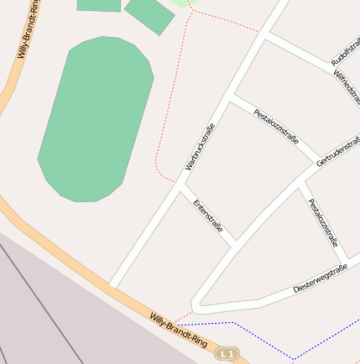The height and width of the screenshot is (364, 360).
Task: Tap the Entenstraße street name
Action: pyautogui.click(x=208, y=216)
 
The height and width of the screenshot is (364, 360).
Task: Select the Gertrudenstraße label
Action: pyautogui.click(x=338, y=150)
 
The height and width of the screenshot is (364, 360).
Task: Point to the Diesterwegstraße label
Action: pyautogui.click(x=320, y=278)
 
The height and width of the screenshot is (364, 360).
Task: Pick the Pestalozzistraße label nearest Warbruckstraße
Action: pyautogui.click(x=276, y=125)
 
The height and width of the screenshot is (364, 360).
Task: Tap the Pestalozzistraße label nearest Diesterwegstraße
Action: pyautogui.click(x=323, y=223)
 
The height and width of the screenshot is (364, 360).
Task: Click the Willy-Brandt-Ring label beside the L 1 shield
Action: pyautogui.click(x=178, y=330)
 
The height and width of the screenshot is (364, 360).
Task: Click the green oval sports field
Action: pyautogui.click(x=95, y=117)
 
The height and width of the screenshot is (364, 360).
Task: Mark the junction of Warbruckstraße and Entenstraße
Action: pyautogui.click(x=179, y=189)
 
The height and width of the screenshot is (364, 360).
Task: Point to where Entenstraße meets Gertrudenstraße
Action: pyautogui.click(x=235, y=244)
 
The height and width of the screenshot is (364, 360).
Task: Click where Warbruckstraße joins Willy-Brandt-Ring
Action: pyautogui.click(x=111, y=285)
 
